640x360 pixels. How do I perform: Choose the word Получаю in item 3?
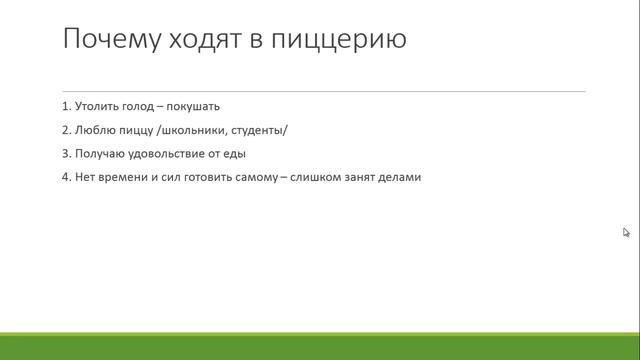click(x=98, y=154)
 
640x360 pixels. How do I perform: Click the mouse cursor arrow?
click(x=626, y=232)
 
